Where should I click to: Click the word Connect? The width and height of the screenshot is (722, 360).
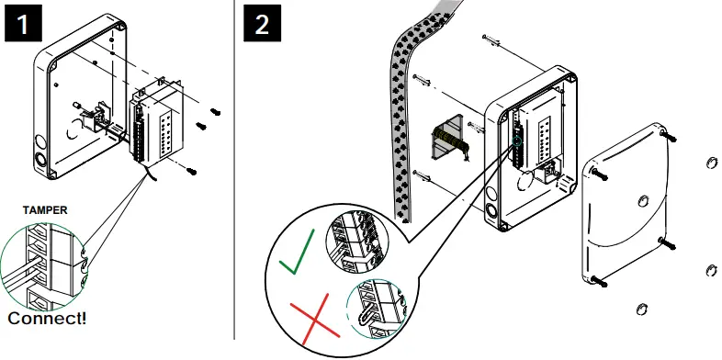tap(48, 319)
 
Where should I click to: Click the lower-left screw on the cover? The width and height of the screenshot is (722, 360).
tap(598, 280)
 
